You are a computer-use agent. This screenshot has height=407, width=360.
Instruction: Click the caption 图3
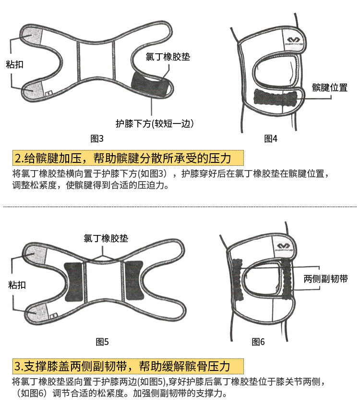(97, 138)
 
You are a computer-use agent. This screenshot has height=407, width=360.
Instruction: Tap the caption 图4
(271, 138)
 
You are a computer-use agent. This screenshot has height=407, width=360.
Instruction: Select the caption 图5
(102, 342)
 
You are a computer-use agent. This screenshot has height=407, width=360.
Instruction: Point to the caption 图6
(258, 342)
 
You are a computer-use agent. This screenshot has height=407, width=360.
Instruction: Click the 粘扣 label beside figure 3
(14, 64)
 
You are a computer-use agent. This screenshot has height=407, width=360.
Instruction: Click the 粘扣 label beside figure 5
(17, 285)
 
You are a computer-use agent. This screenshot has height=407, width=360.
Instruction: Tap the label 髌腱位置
(330, 87)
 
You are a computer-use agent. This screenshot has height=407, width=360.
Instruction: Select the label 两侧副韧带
(325, 279)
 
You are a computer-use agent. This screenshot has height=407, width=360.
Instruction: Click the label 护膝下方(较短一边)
(155, 123)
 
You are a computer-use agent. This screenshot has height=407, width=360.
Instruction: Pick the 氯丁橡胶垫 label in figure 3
(168, 57)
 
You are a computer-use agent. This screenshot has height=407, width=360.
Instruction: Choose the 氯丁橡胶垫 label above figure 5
(106, 238)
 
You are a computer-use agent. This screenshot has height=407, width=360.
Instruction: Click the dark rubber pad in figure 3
(150, 85)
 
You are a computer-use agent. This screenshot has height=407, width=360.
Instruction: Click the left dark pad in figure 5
(73, 282)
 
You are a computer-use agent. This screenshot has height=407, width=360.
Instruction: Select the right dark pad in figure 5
(133, 281)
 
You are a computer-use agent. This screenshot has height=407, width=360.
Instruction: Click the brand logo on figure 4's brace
(293, 41)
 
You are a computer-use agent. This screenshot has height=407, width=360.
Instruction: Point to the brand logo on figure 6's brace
(284, 247)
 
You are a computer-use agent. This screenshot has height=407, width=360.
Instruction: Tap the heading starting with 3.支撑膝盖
(122, 366)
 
